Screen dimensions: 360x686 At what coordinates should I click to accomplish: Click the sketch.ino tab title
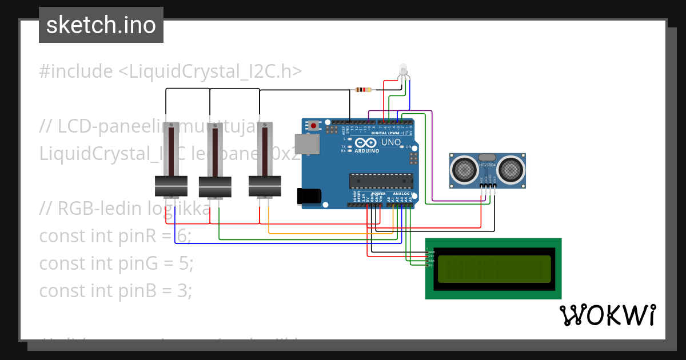click(101, 25)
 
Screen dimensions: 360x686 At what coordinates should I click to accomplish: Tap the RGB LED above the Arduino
click(402, 70)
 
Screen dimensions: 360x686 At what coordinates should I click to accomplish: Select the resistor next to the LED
click(363, 90)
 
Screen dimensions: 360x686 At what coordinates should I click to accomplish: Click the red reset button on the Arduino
click(314, 125)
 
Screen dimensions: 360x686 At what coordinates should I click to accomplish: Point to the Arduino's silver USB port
click(307, 145)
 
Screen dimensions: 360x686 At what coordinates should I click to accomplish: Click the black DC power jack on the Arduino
click(309, 196)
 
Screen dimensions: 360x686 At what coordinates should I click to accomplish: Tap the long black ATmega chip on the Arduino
click(381, 181)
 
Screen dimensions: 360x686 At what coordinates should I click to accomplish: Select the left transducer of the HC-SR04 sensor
click(464, 169)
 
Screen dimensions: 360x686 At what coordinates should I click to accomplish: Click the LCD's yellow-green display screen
click(494, 269)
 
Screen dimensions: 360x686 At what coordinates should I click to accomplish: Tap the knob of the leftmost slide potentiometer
click(171, 186)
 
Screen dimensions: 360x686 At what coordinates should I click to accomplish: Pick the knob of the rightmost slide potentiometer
click(265, 186)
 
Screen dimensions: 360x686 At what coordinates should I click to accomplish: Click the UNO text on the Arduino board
click(391, 142)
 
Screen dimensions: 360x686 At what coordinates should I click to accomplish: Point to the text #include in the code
click(76, 71)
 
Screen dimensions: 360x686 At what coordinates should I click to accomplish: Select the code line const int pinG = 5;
click(116, 263)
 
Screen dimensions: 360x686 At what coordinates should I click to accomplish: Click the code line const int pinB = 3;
click(115, 291)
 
